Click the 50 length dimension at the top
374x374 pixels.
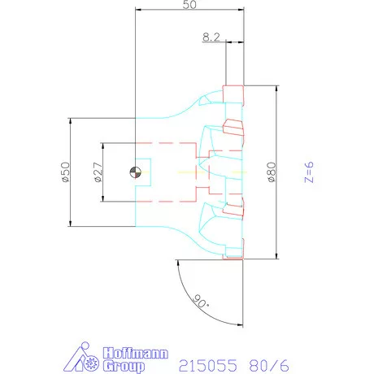click(189, 5)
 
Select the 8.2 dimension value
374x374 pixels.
click(211, 37)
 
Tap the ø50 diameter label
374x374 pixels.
click(66, 172)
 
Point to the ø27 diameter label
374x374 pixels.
click(98, 172)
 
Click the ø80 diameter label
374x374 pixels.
click(272, 172)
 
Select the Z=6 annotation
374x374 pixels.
click(309, 172)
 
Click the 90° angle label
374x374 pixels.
click(201, 301)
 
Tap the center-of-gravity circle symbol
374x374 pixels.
click(136, 172)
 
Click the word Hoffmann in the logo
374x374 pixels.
click(136, 353)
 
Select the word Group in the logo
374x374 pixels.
click(124, 366)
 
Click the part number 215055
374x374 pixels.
click(208, 366)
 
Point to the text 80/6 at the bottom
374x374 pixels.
click(269, 366)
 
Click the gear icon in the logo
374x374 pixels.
click(91, 362)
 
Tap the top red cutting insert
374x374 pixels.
click(233, 94)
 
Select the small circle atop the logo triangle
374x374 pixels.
click(85, 346)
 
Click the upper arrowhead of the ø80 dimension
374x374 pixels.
click(276, 89)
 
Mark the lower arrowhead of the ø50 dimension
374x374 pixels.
click(70, 223)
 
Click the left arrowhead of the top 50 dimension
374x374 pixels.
click(139, 10)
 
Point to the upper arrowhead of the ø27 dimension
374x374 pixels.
click(103, 146)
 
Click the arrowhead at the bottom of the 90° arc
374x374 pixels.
click(240, 324)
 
